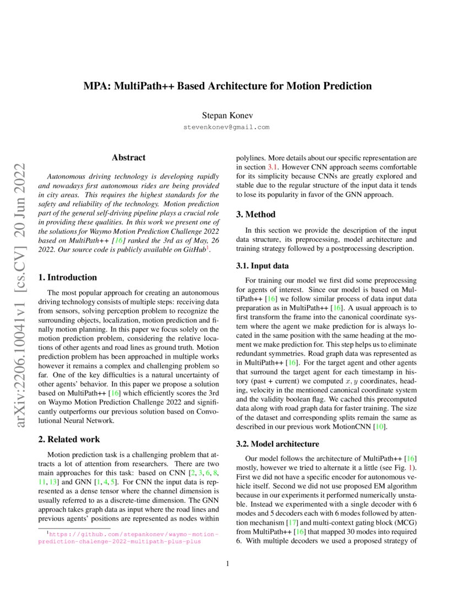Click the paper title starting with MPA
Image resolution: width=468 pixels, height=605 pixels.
click(x=227, y=86)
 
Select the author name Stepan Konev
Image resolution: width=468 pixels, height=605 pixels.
click(x=227, y=116)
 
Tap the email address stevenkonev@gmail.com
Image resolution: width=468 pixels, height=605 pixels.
click(x=227, y=127)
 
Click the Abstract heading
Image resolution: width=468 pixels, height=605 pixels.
click(x=128, y=158)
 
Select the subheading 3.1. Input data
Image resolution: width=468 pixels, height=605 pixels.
click(x=262, y=266)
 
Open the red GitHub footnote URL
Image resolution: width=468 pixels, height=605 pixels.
click(x=128, y=537)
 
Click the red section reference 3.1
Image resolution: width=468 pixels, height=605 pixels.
click(x=273, y=166)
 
